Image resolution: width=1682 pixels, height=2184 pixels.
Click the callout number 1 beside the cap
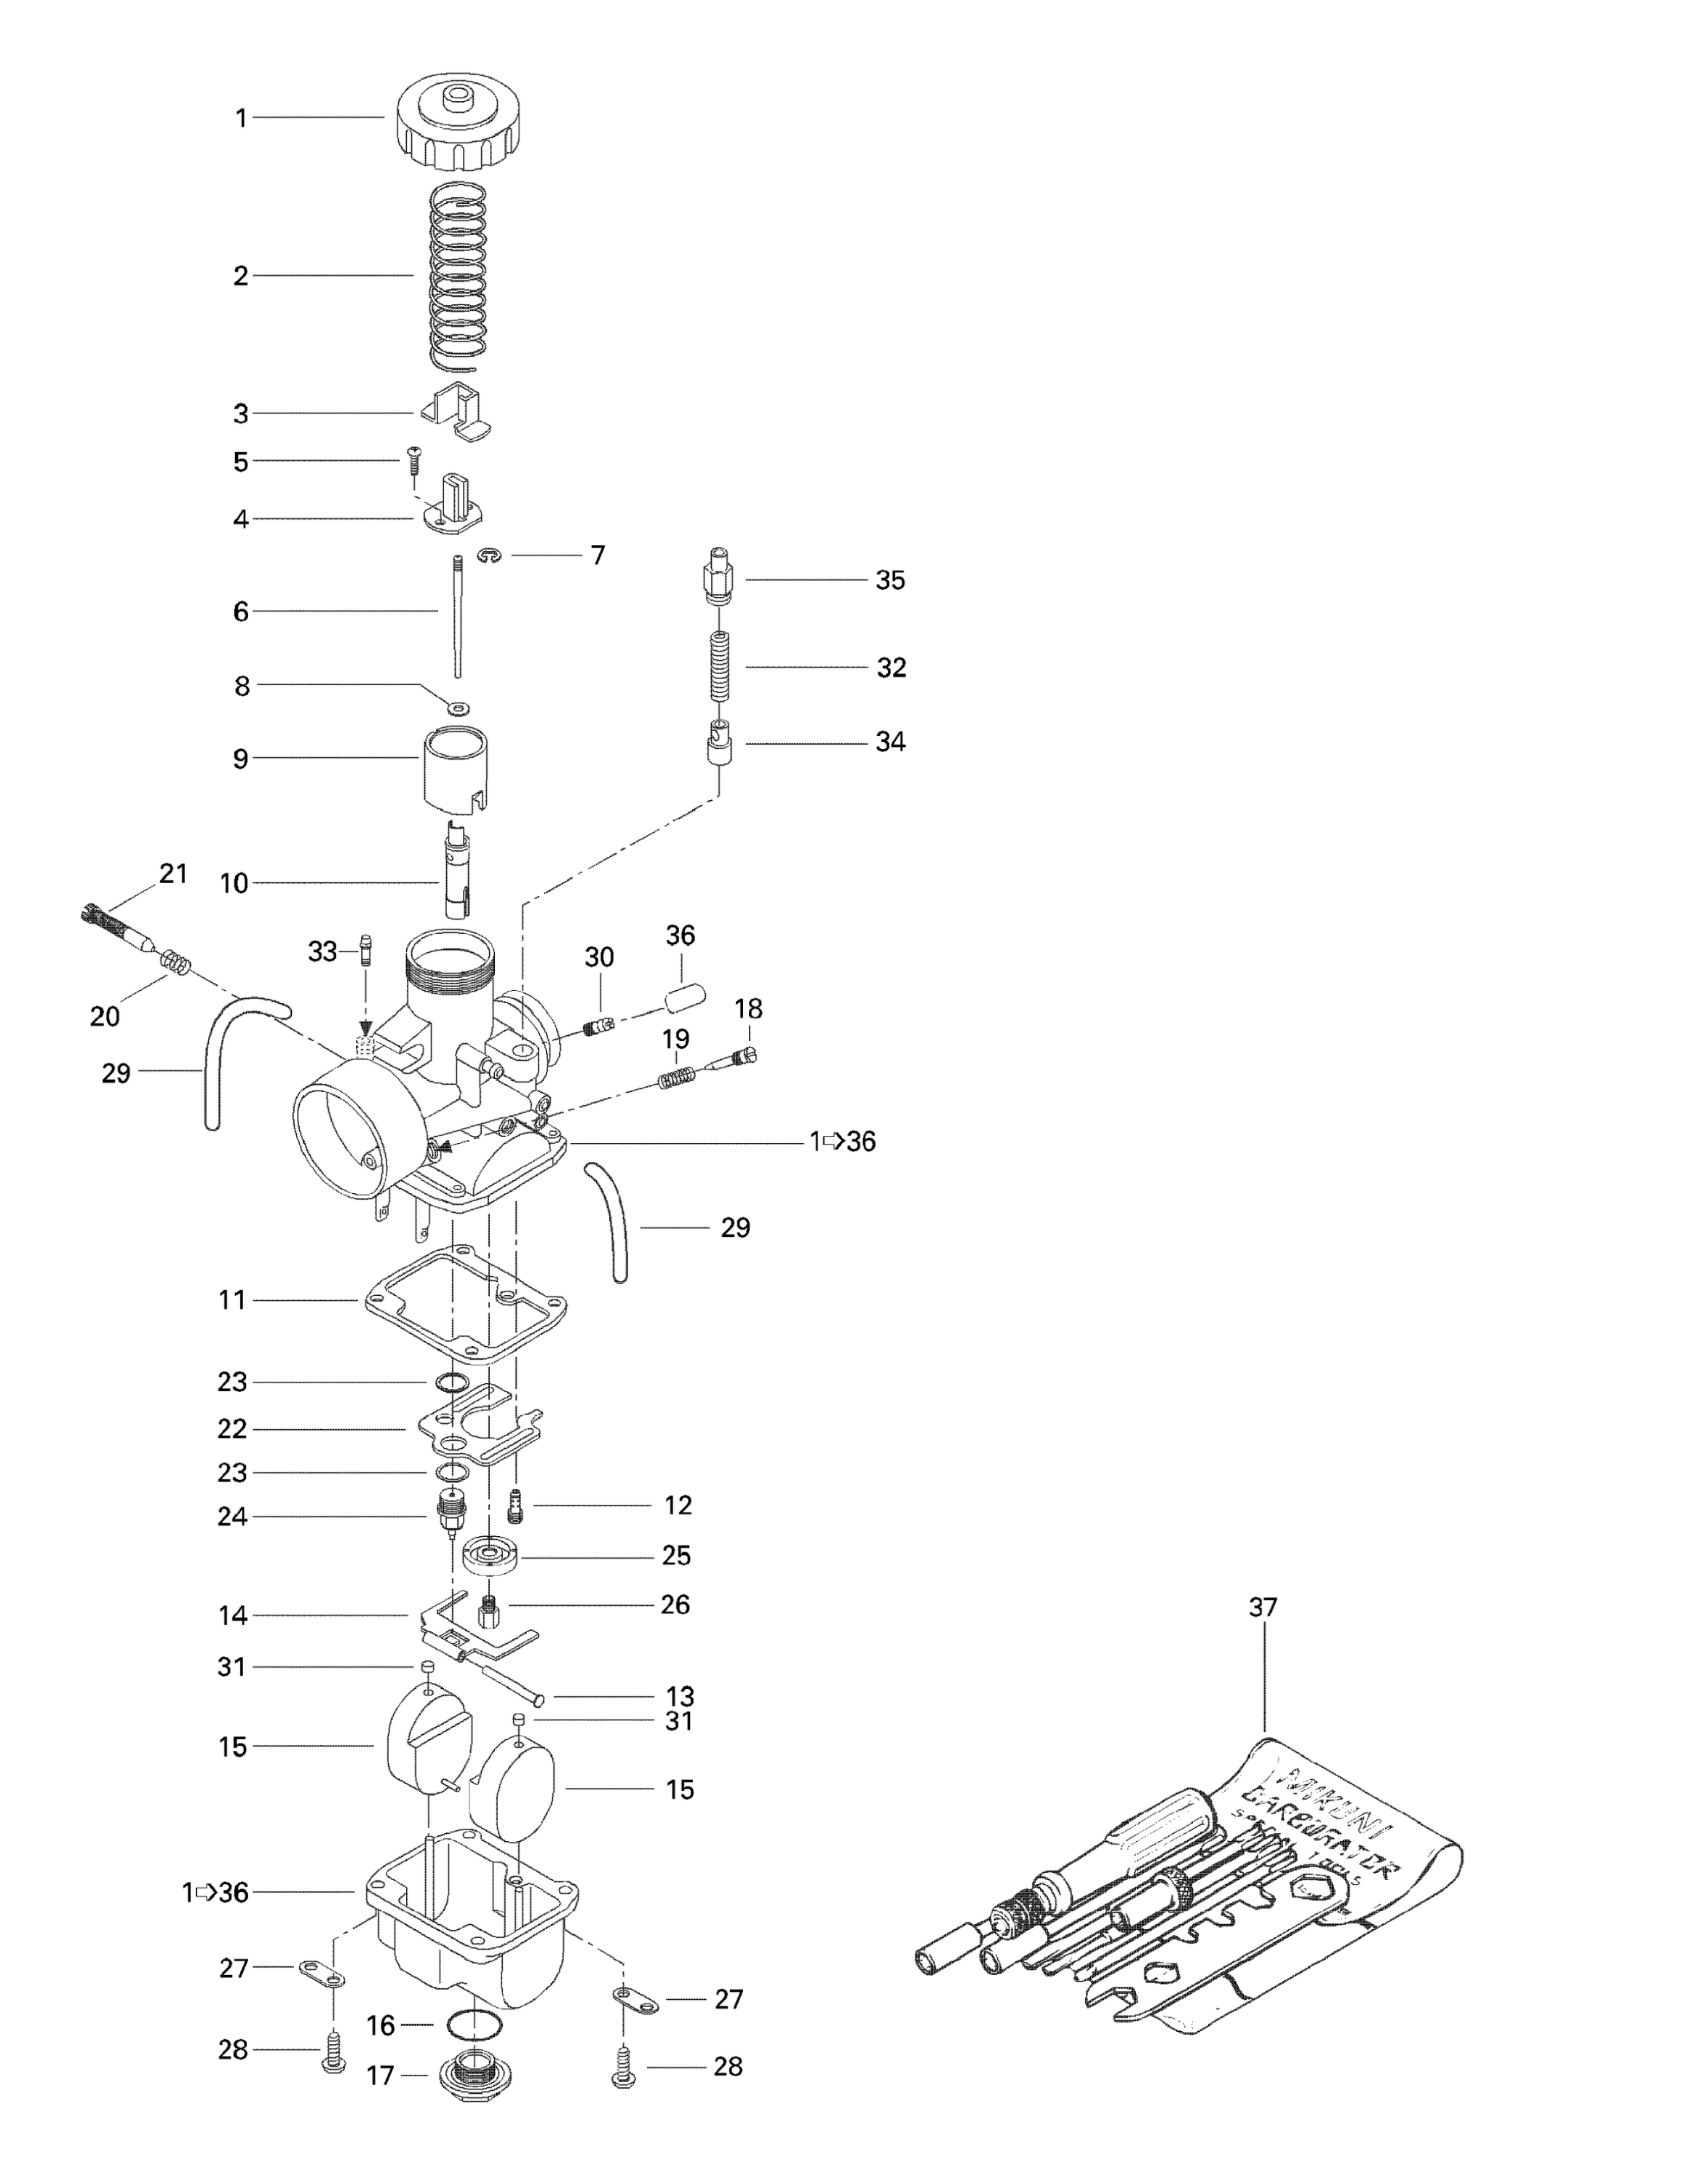241,118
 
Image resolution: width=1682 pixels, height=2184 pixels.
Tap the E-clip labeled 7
489,556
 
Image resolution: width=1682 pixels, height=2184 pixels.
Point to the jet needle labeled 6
457,615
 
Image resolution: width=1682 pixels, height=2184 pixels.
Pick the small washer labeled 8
458,708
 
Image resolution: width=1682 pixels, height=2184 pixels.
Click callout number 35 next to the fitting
890,580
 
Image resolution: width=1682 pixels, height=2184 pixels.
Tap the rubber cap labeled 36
685,998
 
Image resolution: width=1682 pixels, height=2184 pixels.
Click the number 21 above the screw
174,873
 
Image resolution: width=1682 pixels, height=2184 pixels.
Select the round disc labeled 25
490,1556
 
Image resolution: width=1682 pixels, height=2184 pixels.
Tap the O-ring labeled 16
472,2025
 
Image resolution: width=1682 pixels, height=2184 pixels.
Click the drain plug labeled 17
472,2077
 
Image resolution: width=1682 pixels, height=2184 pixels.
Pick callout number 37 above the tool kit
1263,1607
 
